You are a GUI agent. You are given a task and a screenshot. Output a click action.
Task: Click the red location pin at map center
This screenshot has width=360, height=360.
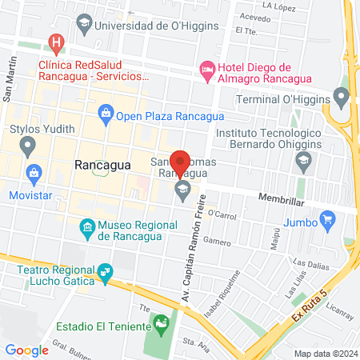tap(180, 162)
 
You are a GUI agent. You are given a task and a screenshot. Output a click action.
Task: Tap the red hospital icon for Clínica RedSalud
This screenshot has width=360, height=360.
tap(55, 42)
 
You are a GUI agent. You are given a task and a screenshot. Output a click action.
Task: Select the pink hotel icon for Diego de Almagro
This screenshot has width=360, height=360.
tap(207, 70)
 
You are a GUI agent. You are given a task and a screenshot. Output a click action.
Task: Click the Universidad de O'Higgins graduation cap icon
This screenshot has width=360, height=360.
tap(83, 26)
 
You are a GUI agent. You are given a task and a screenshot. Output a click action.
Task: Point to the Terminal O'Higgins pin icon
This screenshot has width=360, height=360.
tap(342, 100)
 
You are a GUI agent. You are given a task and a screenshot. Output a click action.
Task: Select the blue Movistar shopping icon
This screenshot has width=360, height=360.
tap(34, 172)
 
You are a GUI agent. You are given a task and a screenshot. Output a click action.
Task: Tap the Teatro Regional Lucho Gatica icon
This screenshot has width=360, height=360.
tap(103, 274)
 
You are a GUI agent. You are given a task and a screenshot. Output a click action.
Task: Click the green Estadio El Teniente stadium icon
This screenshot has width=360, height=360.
tap(161, 326)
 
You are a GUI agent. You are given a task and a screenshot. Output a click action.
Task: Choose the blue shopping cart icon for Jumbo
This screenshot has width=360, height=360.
tap(326, 218)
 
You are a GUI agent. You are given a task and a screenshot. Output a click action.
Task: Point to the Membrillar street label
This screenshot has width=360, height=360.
tap(279, 197)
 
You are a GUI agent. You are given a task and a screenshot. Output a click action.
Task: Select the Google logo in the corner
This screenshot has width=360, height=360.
tap(26, 350)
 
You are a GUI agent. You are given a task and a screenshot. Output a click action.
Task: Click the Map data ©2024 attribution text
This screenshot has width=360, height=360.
tap(325, 354)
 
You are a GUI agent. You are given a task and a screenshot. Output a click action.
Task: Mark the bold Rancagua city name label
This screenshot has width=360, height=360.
tap(102, 165)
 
